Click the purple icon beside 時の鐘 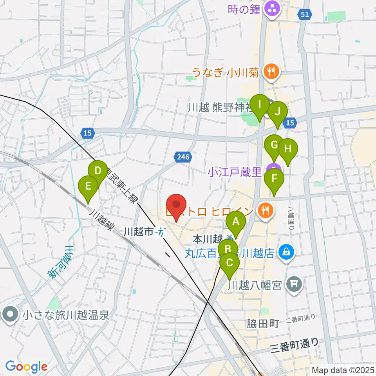click(271, 8)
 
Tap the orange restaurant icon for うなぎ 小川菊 click(270, 71)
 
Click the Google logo click(26, 367)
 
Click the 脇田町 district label click(262, 324)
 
